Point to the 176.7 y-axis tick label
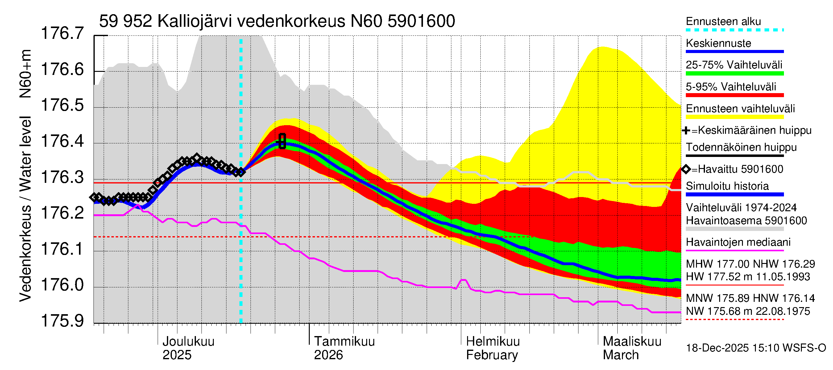tap(62, 33)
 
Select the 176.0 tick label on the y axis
tap(62, 285)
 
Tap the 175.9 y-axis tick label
tap(62, 321)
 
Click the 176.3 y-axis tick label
tap(62, 177)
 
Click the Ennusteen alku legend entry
tap(723, 22)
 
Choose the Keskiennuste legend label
tap(718, 43)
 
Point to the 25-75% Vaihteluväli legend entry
tap(734, 65)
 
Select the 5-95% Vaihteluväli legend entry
tap(731, 87)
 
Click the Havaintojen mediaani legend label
tap(738, 242)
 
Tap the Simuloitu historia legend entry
tap(727, 186)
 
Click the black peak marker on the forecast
tap(282, 141)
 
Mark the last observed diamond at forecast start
tap(241, 172)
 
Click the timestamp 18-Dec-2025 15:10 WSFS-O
tap(756, 348)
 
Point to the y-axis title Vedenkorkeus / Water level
tap(25, 209)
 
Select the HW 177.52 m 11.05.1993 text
tap(748, 277)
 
